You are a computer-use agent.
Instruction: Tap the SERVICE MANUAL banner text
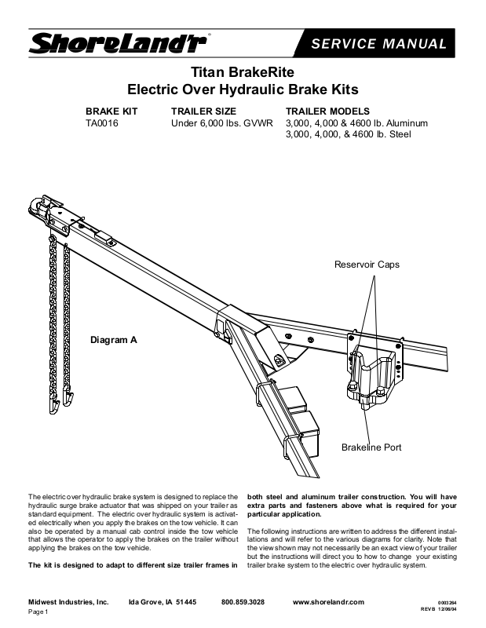pyautogui.click(x=378, y=44)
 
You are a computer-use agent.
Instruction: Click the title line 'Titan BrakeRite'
pyautogui.click(x=243, y=71)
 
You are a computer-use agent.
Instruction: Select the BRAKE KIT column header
pyautogui.click(x=111, y=111)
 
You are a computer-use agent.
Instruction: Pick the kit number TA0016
pyautogui.click(x=102, y=123)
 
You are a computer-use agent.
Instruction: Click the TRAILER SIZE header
pyautogui.click(x=203, y=111)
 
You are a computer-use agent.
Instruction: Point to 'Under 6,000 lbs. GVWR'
pyautogui.click(x=222, y=123)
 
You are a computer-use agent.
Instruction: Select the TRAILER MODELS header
pyautogui.click(x=327, y=111)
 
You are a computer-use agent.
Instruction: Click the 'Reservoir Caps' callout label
pyautogui.click(x=367, y=265)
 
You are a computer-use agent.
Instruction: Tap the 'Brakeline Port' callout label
pyautogui.click(x=371, y=447)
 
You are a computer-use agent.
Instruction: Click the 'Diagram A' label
pyautogui.click(x=115, y=341)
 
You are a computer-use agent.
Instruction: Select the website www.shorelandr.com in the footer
pyautogui.click(x=328, y=601)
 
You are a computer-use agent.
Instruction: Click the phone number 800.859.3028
pyautogui.click(x=243, y=601)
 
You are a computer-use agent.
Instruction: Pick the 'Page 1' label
pyautogui.click(x=38, y=612)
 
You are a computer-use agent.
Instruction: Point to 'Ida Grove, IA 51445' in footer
pyautogui.click(x=162, y=601)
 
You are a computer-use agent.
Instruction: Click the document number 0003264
pyautogui.click(x=448, y=601)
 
